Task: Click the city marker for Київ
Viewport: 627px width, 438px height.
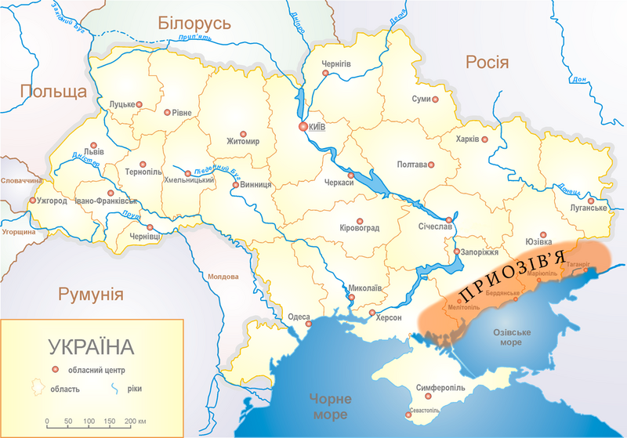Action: pos(303,126)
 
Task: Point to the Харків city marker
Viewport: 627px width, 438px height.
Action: pos(485,139)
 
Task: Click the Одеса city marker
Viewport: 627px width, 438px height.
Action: pos(308,323)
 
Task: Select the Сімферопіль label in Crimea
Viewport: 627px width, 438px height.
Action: pos(441,387)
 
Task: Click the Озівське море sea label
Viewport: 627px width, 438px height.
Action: pos(506,338)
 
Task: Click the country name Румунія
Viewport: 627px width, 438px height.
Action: pos(91,294)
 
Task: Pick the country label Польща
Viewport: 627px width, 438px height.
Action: pos(53,92)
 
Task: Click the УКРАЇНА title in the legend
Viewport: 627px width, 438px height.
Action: pos(92,346)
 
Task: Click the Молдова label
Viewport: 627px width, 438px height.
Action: pos(222,277)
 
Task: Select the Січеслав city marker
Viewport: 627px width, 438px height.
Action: pos(448,220)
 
